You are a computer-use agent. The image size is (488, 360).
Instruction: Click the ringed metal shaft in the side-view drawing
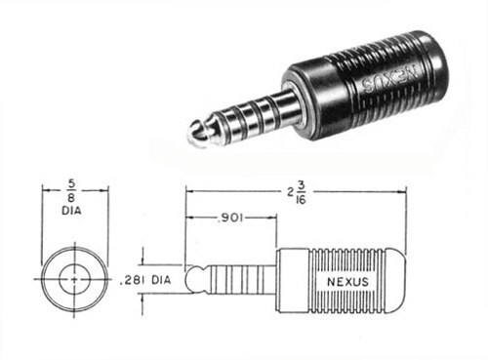point(239,279)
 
